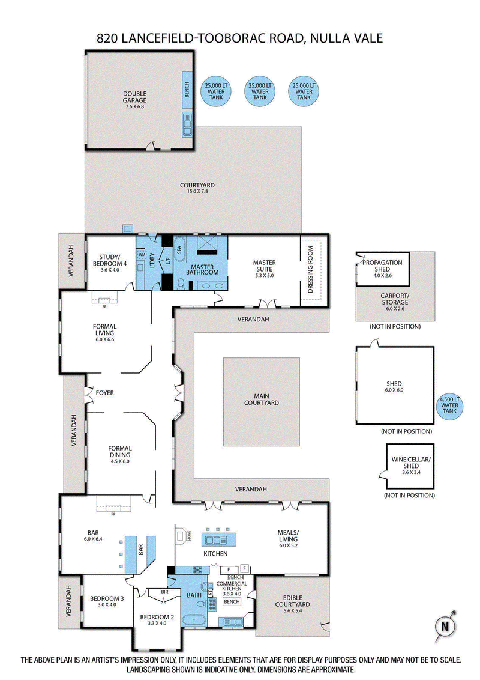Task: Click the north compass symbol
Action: coord(445,626)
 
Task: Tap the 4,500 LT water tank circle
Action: coord(449,404)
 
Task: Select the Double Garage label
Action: coord(135,97)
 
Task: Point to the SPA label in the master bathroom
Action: coord(178,247)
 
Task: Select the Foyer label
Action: coord(104,393)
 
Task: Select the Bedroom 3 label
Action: coord(107,598)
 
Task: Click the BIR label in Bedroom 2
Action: coord(164,592)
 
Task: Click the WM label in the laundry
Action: coord(142,255)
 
